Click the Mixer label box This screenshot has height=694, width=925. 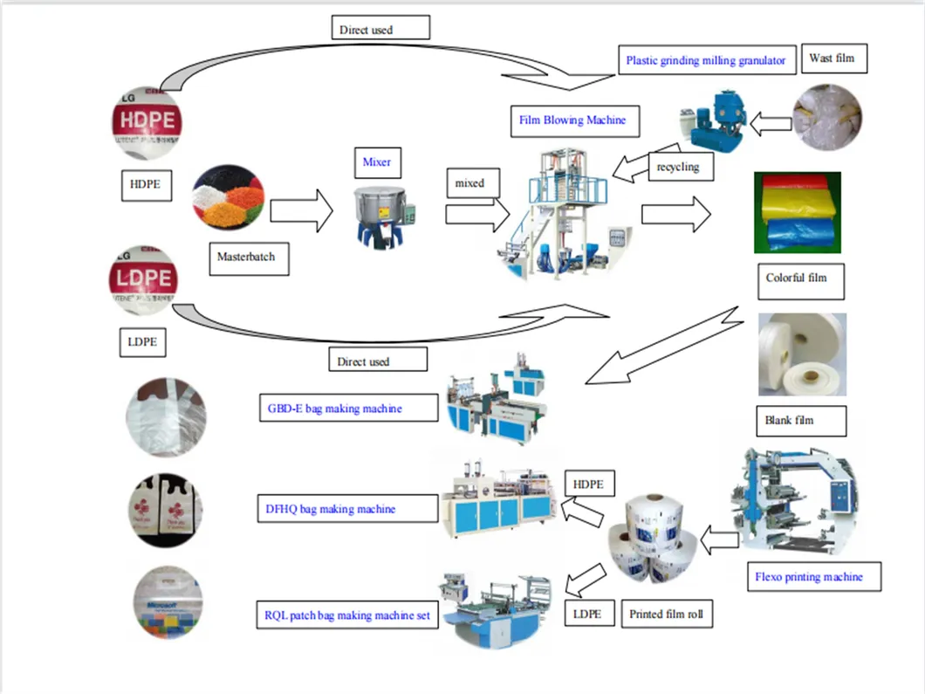[x=377, y=162]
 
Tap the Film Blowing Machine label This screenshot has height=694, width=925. [x=573, y=120]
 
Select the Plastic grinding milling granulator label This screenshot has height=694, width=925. [x=705, y=60]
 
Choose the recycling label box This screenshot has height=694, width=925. [x=679, y=166]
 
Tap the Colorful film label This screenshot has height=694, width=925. [x=796, y=278]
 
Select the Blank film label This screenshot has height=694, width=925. [x=790, y=420]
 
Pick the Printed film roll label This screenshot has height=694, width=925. [x=666, y=614]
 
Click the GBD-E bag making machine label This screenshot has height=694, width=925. [x=346, y=408]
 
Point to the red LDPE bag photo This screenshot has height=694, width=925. [x=146, y=281]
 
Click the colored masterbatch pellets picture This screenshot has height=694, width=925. [x=229, y=202]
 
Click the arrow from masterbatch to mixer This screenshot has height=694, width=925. [x=302, y=211]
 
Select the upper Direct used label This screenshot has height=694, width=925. [x=380, y=29]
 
